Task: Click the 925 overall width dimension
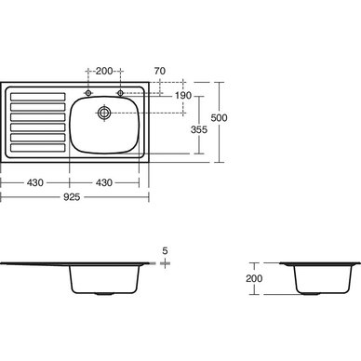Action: point(72,197)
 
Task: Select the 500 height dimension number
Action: point(219,118)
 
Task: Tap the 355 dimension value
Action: point(199,129)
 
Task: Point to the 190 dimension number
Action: point(183,95)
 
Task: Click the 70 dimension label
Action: point(160,71)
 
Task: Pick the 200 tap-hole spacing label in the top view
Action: point(104,71)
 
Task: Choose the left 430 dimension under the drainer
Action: point(35,182)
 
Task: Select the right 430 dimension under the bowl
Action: point(104,182)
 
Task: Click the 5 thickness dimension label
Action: point(165,250)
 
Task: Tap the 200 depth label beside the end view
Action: point(254,278)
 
